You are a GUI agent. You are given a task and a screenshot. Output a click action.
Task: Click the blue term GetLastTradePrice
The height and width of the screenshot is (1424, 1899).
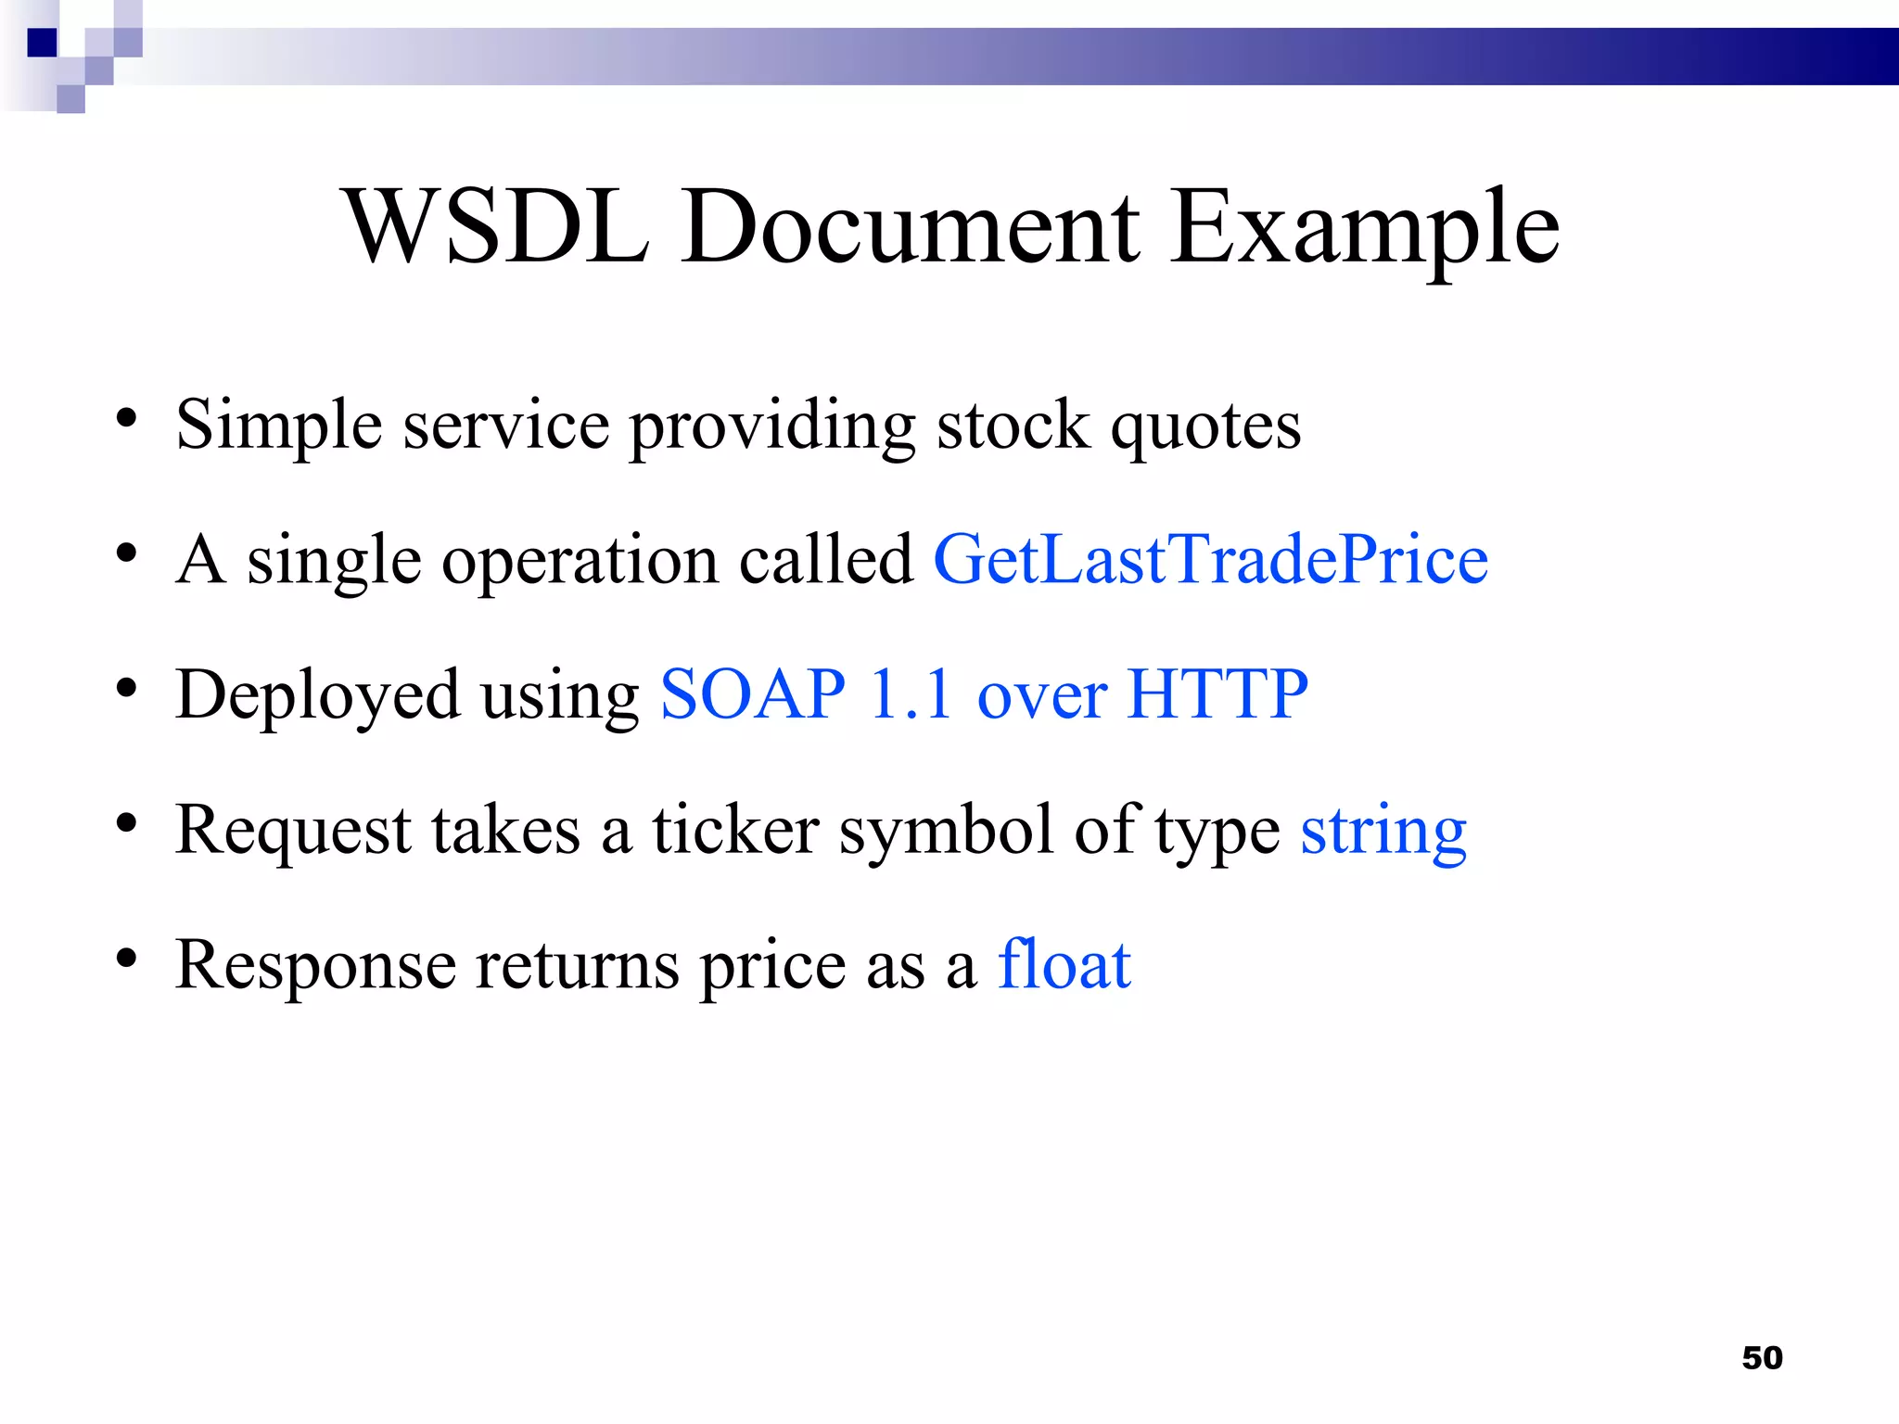(1210, 560)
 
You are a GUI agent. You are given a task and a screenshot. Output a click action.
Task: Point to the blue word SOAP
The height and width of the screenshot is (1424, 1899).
(753, 694)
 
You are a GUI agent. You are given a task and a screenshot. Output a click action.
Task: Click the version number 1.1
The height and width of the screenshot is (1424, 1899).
(911, 694)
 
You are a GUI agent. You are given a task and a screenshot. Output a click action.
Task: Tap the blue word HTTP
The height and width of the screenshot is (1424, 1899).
(1217, 694)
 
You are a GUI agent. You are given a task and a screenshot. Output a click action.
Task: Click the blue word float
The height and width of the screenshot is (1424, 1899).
(1064, 965)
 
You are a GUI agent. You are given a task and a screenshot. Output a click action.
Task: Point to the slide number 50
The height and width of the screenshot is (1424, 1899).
(1762, 1358)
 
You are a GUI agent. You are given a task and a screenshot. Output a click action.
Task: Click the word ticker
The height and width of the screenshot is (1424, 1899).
(735, 830)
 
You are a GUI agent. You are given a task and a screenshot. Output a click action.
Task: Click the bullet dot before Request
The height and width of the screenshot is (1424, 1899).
(127, 823)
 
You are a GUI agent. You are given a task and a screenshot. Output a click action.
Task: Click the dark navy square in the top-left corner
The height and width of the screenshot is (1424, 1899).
(43, 43)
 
